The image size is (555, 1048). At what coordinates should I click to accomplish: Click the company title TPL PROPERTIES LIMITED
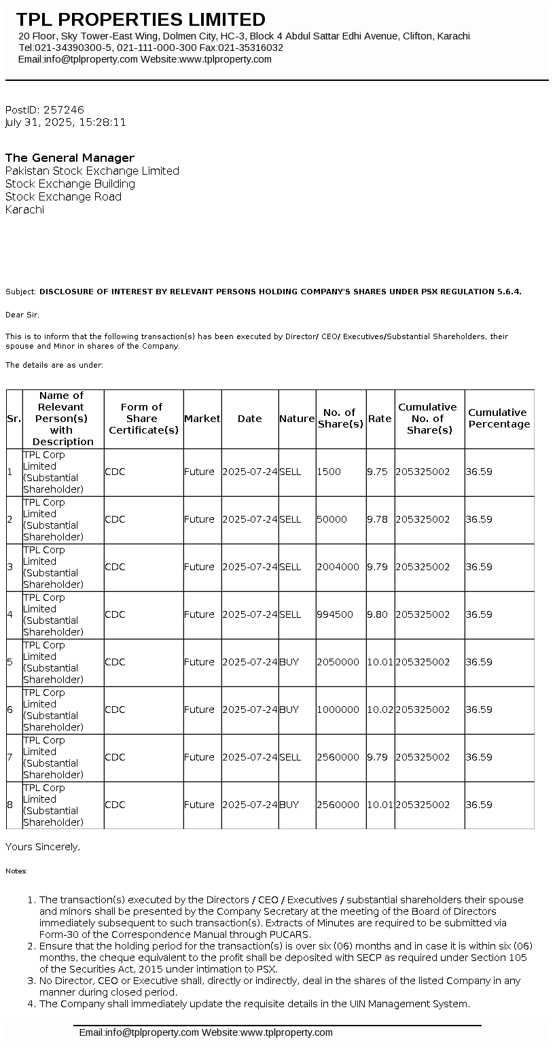click(x=141, y=19)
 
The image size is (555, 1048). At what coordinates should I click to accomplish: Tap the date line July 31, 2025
click(x=65, y=122)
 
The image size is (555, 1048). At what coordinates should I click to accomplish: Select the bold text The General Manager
click(x=70, y=158)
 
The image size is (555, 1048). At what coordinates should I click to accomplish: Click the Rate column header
click(x=380, y=419)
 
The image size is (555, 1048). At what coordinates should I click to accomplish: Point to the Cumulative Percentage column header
click(x=499, y=418)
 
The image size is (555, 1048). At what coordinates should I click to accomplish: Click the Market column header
click(x=202, y=419)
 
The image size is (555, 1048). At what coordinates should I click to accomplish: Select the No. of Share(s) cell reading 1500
click(x=329, y=472)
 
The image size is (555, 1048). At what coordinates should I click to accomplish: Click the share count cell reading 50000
click(x=332, y=519)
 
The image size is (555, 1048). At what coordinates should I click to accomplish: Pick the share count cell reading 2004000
click(x=338, y=567)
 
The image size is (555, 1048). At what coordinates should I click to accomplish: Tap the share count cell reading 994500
click(x=335, y=614)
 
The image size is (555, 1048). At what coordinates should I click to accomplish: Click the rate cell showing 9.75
click(x=377, y=472)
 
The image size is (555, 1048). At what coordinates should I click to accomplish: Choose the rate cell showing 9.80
click(x=377, y=614)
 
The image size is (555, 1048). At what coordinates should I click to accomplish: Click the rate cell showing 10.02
click(x=380, y=710)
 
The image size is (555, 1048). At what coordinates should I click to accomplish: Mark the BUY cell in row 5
click(x=289, y=662)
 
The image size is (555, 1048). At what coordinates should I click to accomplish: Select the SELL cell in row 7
click(x=290, y=757)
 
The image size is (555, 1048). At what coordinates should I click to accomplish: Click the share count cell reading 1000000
click(x=338, y=710)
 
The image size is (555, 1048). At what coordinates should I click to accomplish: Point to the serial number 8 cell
click(x=10, y=805)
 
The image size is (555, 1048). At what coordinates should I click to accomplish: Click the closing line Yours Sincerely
click(x=43, y=847)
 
